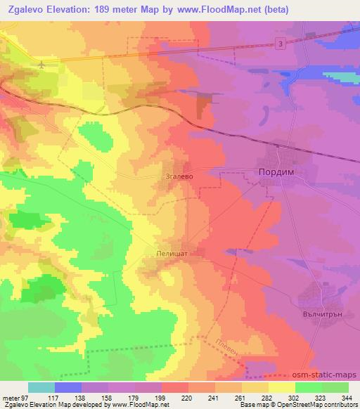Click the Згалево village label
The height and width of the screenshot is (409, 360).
(x=178, y=178)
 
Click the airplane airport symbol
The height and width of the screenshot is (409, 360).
(x=44, y=65)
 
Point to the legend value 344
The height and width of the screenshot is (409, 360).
(x=347, y=398)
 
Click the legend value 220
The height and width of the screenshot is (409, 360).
(x=186, y=398)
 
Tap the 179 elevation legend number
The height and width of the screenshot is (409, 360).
(x=133, y=398)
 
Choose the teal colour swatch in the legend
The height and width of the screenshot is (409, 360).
(x=41, y=387)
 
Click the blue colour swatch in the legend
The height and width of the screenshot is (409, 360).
(x=68, y=387)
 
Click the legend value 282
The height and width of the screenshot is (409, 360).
(x=266, y=398)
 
